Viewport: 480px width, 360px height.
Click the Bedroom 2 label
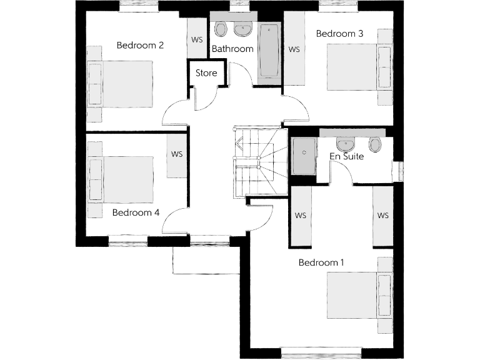tap(140, 45)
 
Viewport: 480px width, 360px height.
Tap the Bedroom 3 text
tap(339, 34)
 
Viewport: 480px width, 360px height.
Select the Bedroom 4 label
tap(136, 212)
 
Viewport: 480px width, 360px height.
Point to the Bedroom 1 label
tap(321, 262)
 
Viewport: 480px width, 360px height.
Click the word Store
tap(206, 73)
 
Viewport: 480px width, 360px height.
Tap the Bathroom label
tap(232, 49)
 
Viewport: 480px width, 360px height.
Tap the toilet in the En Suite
tap(375, 145)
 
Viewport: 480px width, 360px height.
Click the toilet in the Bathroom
tap(221, 29)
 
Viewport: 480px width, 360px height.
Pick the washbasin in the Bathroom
tap(242, 29)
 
